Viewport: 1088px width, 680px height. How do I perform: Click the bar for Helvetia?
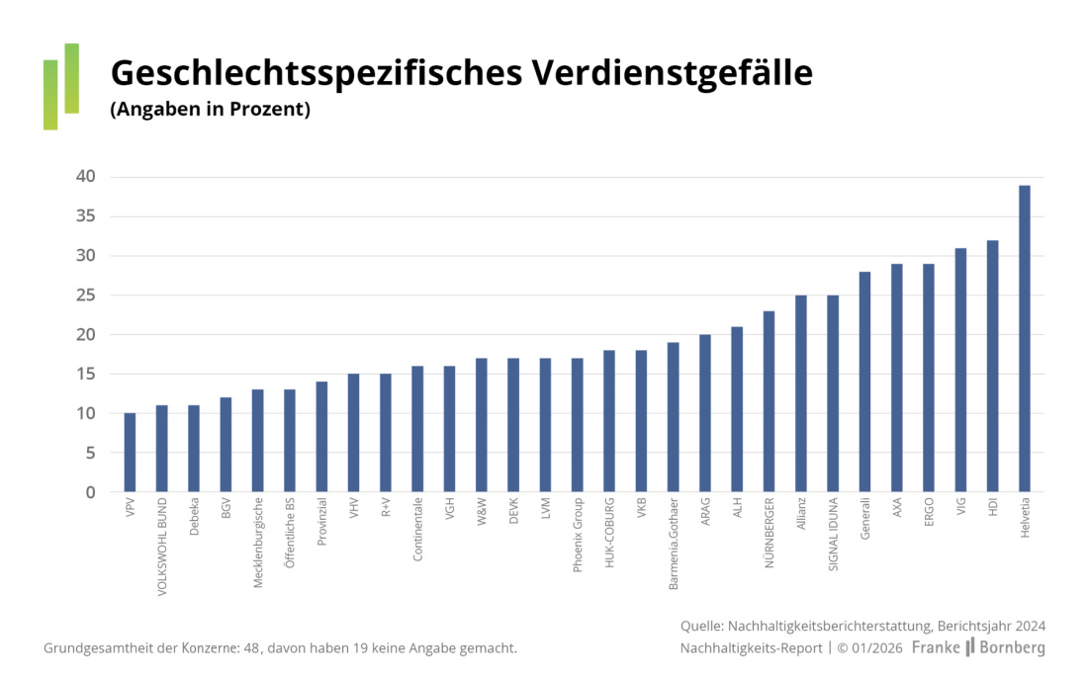(1025, 338)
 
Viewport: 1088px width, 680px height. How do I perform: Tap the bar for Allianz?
(801, 392)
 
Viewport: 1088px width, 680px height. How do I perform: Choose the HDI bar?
(992, 366)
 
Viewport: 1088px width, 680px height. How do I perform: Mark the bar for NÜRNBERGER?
(769, 400)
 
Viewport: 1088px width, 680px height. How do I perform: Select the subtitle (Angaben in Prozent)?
(210, 110)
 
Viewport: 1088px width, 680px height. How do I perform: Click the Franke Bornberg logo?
(977, 648)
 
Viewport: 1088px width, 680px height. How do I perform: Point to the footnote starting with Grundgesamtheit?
(280, 648)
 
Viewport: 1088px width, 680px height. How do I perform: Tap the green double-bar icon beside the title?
(60, 86)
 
